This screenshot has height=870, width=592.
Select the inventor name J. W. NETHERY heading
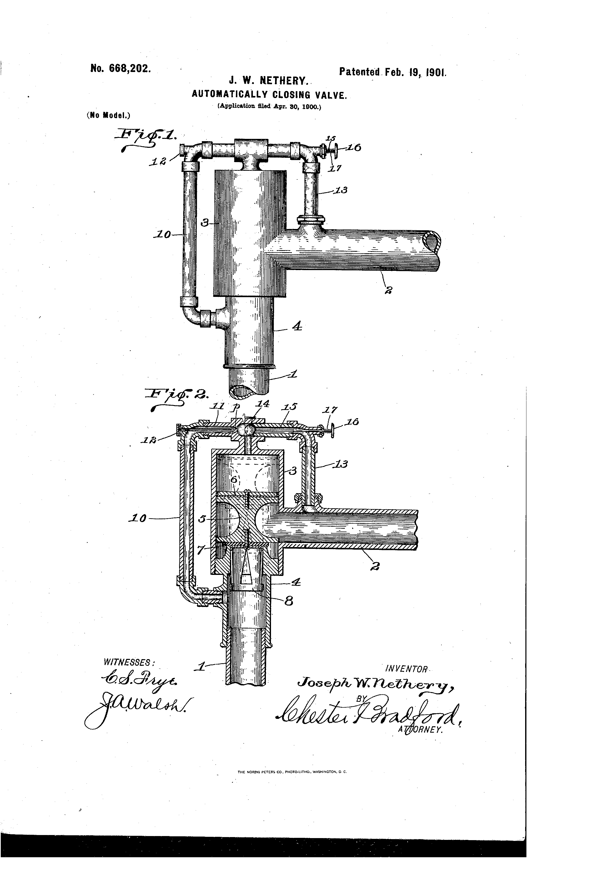[267, 80]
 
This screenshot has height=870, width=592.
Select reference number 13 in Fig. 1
[341, 190]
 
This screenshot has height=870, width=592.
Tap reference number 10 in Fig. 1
[162, 235]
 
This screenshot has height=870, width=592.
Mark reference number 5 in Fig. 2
[202, 519]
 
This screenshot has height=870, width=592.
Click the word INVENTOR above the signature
[406, 669]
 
